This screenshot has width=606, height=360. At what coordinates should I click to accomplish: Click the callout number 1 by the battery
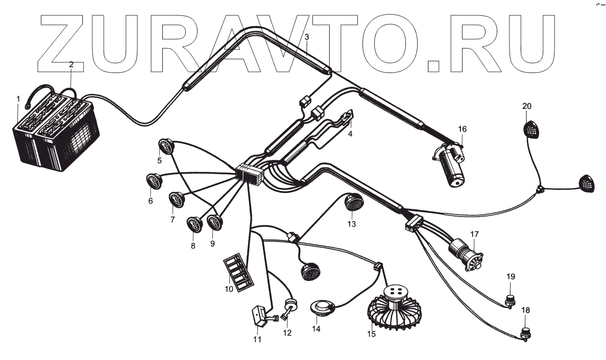click(18, 98)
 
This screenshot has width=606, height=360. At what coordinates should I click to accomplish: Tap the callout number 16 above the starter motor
click(463, 129)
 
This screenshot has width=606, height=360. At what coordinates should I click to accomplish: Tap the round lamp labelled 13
click(352, 203)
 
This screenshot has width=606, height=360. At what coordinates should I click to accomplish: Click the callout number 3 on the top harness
click(306, 37)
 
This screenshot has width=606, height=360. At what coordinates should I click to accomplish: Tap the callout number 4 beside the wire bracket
click(350, 134)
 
